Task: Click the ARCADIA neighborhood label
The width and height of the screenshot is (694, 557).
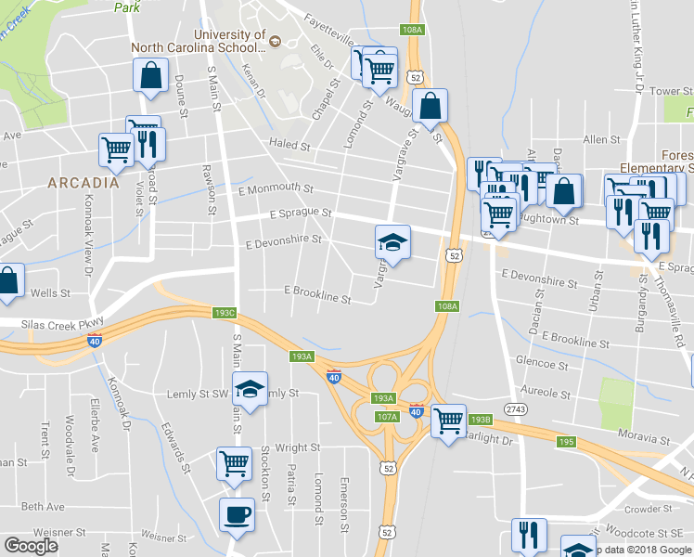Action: tap(84, 183)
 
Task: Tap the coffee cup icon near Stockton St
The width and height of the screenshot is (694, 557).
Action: tap(236, 514)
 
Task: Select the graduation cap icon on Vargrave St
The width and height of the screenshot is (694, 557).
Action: tap(392, 243)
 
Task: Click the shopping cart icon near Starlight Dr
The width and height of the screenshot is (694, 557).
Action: tap(449, 421)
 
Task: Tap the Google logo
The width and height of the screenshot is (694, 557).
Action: tap(31, 546)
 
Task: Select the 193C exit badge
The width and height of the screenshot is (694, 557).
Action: tap(225, 313)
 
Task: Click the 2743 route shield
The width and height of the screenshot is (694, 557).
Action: tap(518, 409)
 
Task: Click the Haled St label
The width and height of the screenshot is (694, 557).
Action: tap(289, 145)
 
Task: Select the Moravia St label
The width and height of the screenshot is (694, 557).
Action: tap(645, 437)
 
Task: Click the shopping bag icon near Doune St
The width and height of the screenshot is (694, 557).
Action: tap(150, 75)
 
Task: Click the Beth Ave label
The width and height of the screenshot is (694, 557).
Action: tap(44, 507)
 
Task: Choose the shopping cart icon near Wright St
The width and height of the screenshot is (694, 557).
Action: tap(234, 460)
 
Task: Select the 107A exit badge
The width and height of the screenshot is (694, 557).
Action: tap(388, 417)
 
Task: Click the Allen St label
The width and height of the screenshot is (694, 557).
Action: tap(601, 139)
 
